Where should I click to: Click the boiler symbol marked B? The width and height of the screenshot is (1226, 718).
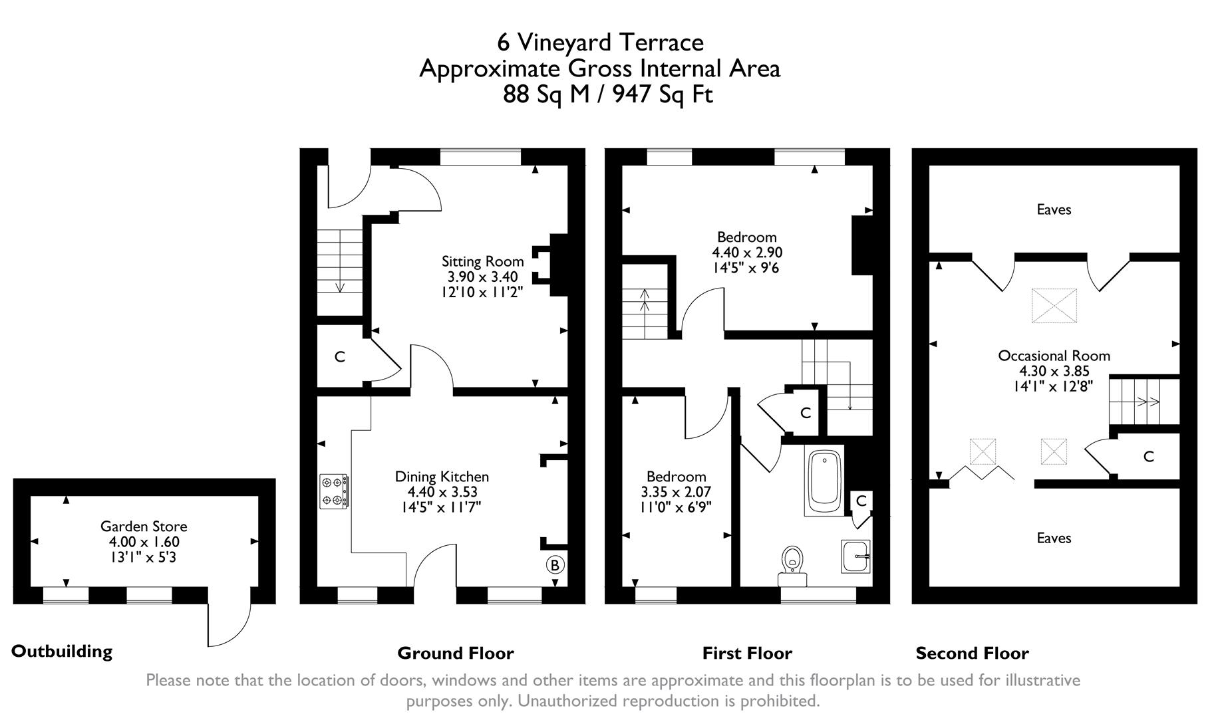pyautogui.click(x=554, y=565)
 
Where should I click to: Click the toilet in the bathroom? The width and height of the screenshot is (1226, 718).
pyautogui.click(x=792, y=565)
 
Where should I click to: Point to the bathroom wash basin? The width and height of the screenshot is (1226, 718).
pyautogui.click(x=855, y=556)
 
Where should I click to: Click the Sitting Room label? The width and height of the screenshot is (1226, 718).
pyautogui.click(x=482, y=261)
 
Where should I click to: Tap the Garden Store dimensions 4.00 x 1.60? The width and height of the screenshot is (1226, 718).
pyautogui.click(x=144, y=542)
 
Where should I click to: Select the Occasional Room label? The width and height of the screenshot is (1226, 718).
pyautogui.click(x=1054, y=356)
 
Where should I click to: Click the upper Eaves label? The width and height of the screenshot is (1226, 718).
pyautogui.click(x=1054, y=209)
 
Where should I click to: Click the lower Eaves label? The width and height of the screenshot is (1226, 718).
pyautogui.click(x=1054, y=538)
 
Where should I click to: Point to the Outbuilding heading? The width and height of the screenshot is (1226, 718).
pyautogui.click(x=62, y=651)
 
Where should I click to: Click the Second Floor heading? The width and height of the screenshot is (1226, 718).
pyautogui.click(x=972, y=654)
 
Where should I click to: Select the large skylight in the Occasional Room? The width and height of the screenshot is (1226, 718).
pyautogui.click(x=1054, y=306)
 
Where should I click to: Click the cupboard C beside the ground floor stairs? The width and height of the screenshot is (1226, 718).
pyautogui.click(x=339, y=357)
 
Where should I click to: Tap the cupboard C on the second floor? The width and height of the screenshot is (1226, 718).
pyautogui.click(x=1148, y=457)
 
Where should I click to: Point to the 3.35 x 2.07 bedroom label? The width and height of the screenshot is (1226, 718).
pyautogui.click(x=676, y=493)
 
